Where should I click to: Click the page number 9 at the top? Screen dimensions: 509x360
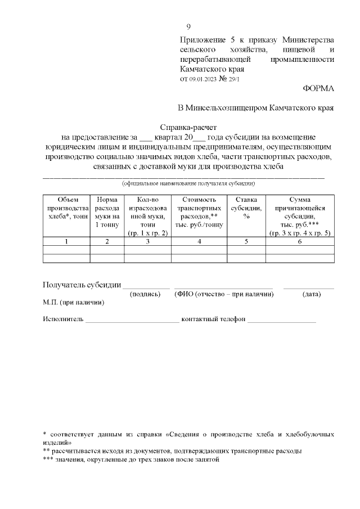(188, 27)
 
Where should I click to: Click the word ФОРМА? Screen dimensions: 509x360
(318, 88)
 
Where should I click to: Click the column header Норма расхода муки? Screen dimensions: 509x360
(107, 211)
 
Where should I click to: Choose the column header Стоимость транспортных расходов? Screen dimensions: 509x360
(200, 211)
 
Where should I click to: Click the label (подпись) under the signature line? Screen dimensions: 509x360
(145, 294)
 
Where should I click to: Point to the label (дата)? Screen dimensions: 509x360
(312, 294)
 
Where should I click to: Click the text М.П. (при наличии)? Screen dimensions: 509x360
(73, 302)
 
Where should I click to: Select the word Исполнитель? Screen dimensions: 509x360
(63, 319)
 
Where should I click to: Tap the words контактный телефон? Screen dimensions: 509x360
(213, 319)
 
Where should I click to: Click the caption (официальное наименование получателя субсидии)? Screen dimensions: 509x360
(189, 183)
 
